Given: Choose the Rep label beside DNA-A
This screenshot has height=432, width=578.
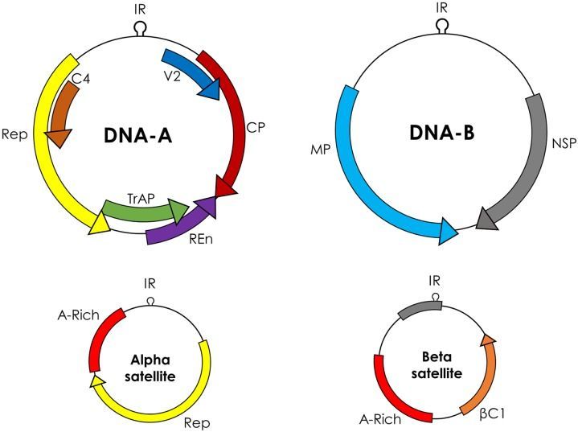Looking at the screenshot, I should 16,134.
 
